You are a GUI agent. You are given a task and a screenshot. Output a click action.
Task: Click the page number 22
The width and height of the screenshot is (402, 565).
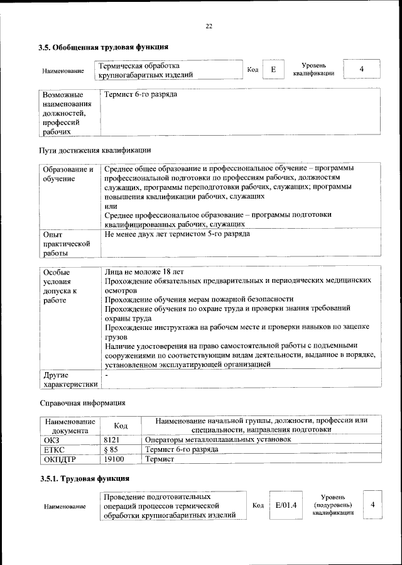tap(209, 26)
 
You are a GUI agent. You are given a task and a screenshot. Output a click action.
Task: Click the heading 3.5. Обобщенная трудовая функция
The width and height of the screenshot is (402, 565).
tap(104, 47)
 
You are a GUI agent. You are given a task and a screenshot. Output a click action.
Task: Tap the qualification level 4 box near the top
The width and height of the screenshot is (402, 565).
tap(361, 69)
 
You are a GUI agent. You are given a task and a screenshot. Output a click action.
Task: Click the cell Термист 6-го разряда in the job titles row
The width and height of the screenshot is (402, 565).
tap(141, 94)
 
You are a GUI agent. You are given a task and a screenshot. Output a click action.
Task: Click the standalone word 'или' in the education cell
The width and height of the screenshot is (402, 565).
tap(111, 206)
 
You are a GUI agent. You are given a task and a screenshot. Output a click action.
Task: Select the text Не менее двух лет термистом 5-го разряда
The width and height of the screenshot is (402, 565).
tap(177, 234)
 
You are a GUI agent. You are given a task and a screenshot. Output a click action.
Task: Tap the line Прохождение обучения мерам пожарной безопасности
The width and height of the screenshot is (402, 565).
tap(199, 299)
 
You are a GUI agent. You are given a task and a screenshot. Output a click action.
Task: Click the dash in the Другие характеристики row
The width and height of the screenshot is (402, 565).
tap(107, 375)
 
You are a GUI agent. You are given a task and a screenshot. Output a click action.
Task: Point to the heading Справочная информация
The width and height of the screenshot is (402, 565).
tap(82, 402)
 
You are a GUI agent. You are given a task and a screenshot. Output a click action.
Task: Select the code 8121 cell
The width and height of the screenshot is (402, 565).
tap(112, 440)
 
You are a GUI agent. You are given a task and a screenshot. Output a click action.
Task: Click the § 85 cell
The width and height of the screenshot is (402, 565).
tap(111, 449)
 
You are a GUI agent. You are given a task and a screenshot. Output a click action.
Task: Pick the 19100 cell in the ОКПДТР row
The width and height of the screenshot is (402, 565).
tap(114, 459)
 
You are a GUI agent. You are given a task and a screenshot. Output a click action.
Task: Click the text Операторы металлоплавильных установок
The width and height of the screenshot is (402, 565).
tap(217, 440)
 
